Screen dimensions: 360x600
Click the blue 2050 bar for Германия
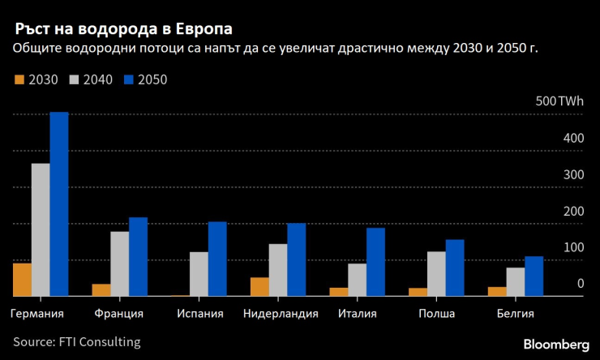(x=59, y=204)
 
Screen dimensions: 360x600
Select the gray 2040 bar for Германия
(x=41, y=229)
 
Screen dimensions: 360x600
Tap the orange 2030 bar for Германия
(x=22, y=280)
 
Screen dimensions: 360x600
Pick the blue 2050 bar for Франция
(x=138, y=256)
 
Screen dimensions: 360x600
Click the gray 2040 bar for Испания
(x=199, y=274)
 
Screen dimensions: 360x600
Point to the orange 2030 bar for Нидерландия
(x=259, y=287)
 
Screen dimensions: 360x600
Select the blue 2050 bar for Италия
(x=375, y=262)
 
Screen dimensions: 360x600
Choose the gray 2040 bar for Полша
(x=435, y=274)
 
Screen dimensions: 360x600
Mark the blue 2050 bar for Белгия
(x=534, y=276)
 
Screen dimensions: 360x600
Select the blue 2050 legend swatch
(x=128, y=80)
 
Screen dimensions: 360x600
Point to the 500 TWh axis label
(x=559, y=101)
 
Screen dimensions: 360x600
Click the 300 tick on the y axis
(x=572, y=174)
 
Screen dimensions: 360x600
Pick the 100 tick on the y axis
(x=572, y=246)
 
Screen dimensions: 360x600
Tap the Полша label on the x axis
(x=436, y=314)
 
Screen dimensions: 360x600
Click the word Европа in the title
(x=201, y=28)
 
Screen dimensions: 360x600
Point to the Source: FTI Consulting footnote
(x=76, y=342)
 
